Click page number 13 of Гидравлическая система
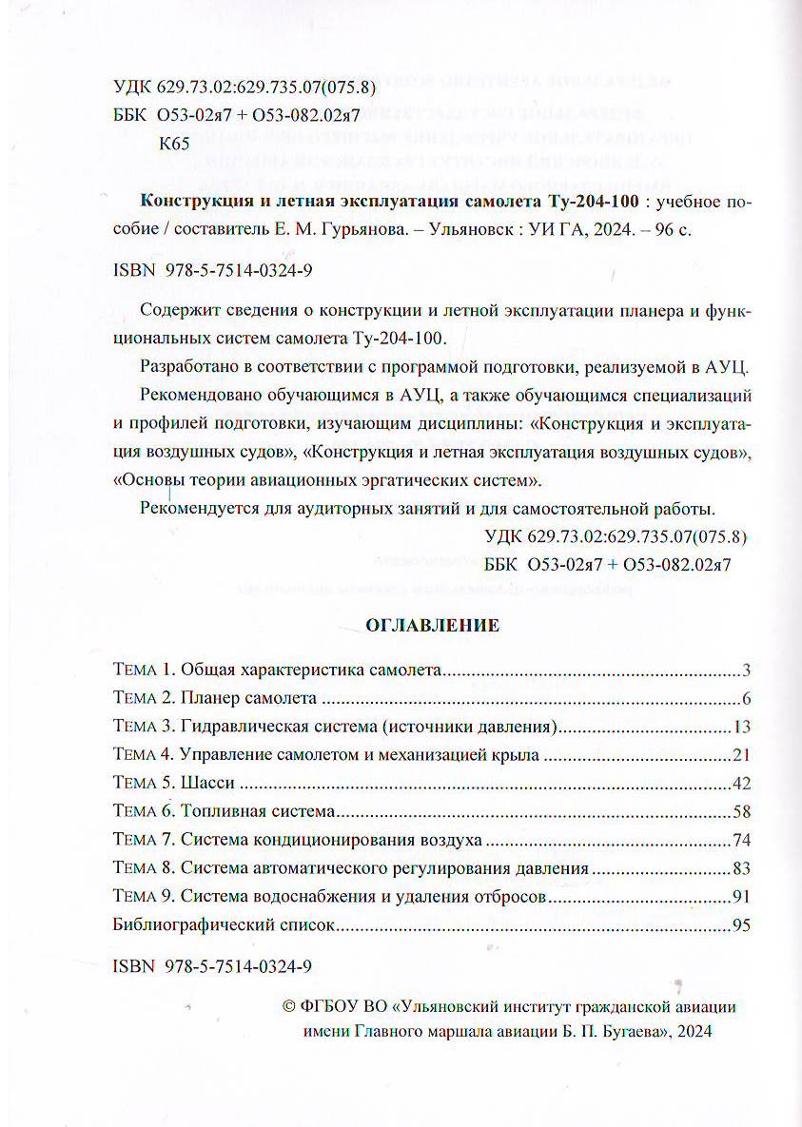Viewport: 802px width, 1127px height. [x=743, y=729]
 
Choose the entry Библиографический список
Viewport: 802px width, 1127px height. [x=224, y=925]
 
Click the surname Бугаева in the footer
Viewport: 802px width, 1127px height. [x=628, y=1031]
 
